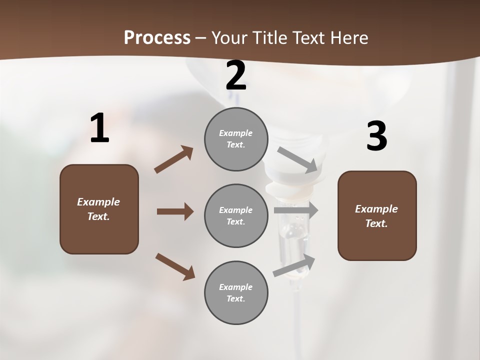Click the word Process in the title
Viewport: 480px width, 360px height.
[x=157, y=38]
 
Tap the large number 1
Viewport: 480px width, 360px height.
[x=99, y=128]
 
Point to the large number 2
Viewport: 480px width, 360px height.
[x=236, y=76]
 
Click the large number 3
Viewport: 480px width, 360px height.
[x=376, y=136]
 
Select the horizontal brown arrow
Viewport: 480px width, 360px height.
[x=175, y=211]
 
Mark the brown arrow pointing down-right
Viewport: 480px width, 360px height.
[x=175, y=266]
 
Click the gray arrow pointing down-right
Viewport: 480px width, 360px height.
[x=297, y=160]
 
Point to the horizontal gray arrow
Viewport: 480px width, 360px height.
[x=296, y=210]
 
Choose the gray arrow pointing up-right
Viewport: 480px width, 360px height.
[x=294, y=265]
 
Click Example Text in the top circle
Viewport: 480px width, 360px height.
[x=236, y=139]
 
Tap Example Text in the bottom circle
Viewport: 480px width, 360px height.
[x=236, y=293]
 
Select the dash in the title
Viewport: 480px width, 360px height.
[x=201, y=38]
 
